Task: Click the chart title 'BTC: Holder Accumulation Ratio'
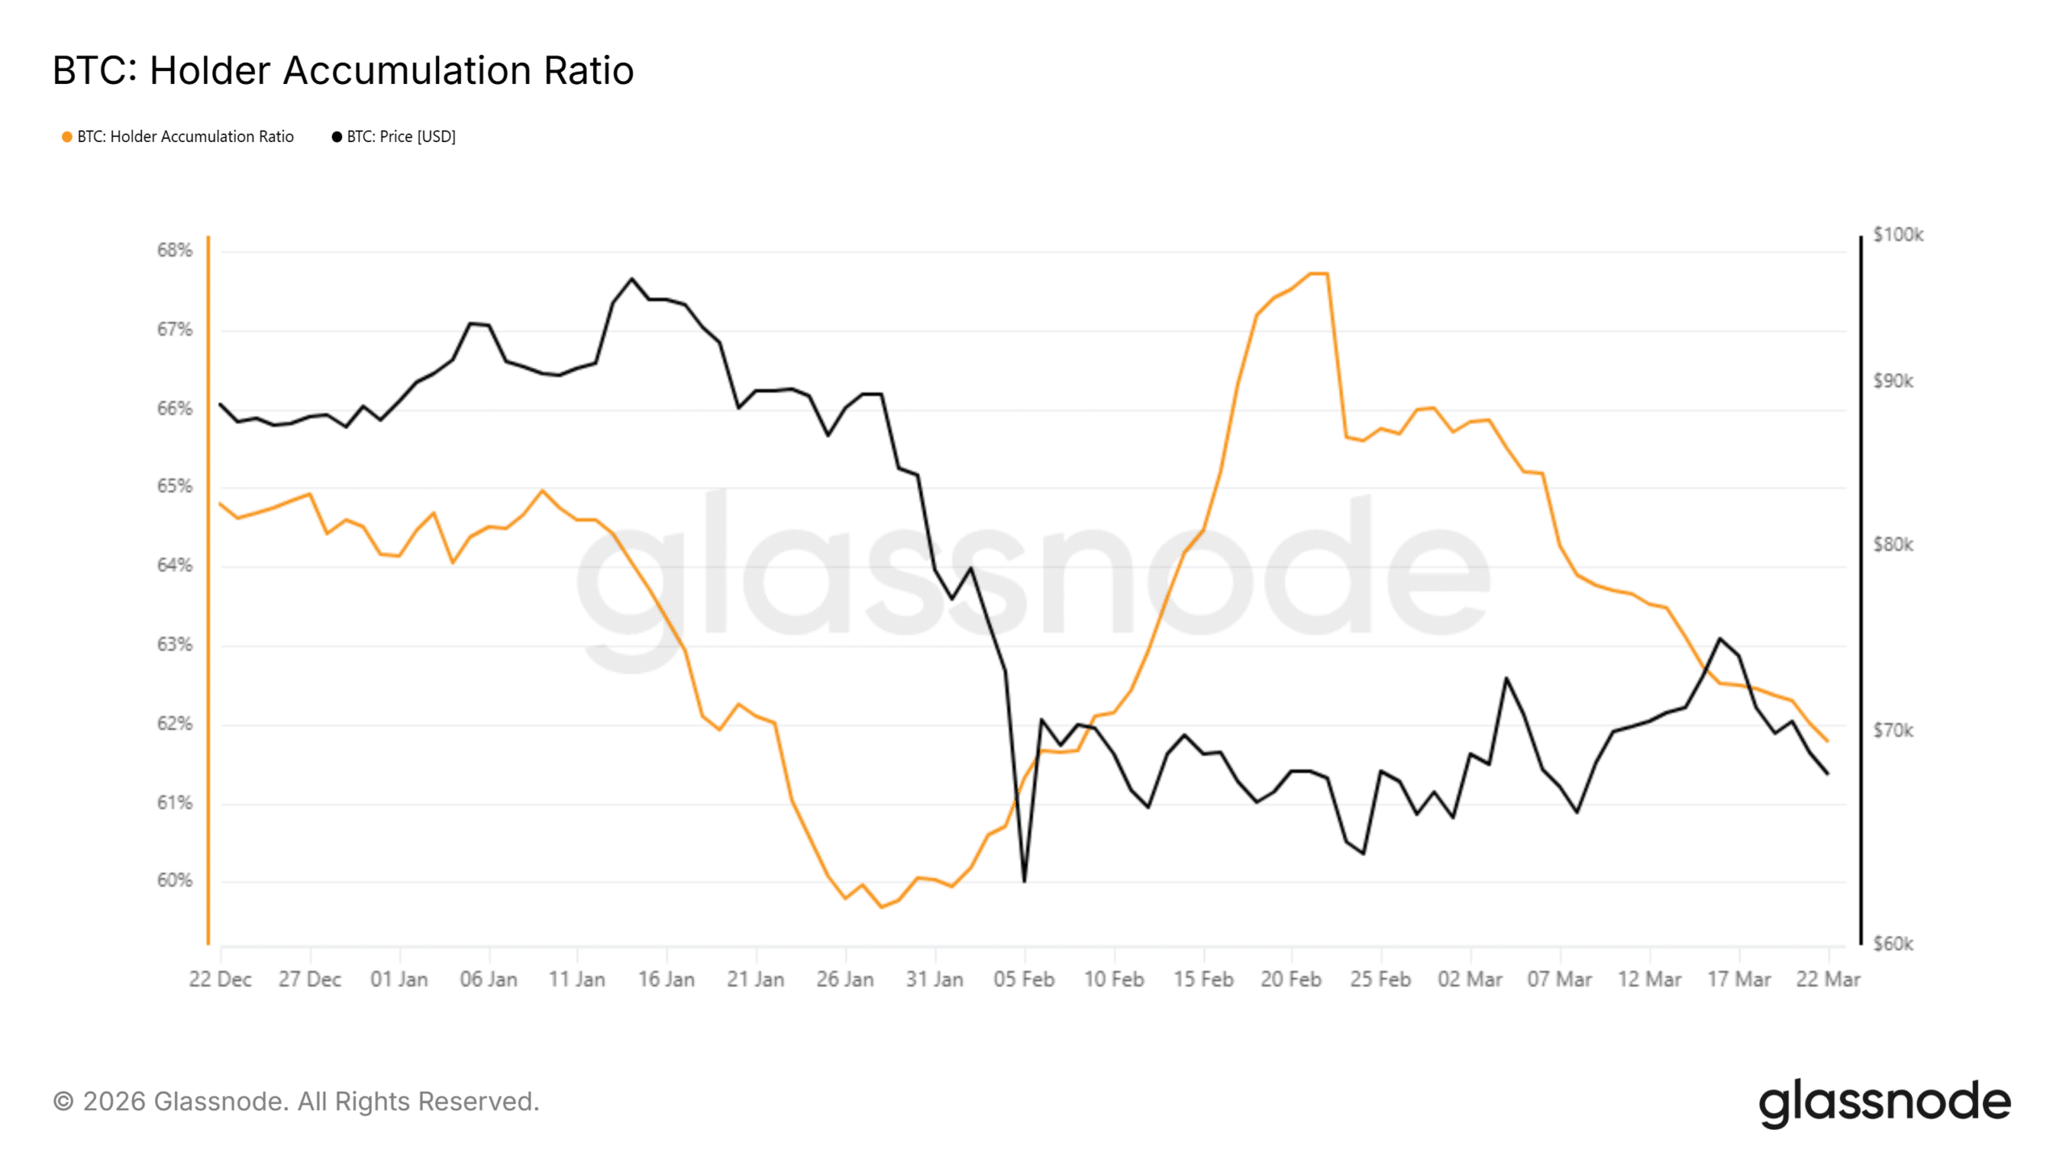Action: pyautogui.click(x=343, y=70)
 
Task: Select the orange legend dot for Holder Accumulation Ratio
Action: pyautogui.click(x=67, y=137)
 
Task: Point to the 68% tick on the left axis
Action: pyautogui.click(x=174, y=250)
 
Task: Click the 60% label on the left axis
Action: pyautogui.click(x=174, y=880)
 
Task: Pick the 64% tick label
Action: pyautogui.click(x=174, y=565)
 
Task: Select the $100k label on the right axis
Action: pyautogui.click(x=1897, y=235)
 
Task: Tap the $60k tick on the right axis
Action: pyautogui.click(x=1892, y=943)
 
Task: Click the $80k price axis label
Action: pyautogui.click(x=1892, y=545)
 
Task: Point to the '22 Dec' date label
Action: pyautogui.click(x=220, y=980)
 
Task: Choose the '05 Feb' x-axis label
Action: pyautogui.click(x=1024, y=980)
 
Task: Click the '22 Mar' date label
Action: pyautogui.click(x=1828, y=980)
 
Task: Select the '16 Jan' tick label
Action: pyautogui.click(x=667, y=980)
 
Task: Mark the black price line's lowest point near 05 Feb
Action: pyautogui.click(x=1024, y=881)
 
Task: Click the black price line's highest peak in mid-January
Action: pyautogui.click(x=632, y=279)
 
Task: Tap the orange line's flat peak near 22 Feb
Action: pyautogui.click(x=1318, y=274)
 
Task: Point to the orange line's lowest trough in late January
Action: pyautogui.click(x=881, y=907)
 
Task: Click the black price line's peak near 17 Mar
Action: pyautogui.click(x=1721, y=639)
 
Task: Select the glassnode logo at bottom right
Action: pyautogui.click(x=1885, y=1102)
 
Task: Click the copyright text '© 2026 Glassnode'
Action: pyautogui.click(x=295, y=1101)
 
